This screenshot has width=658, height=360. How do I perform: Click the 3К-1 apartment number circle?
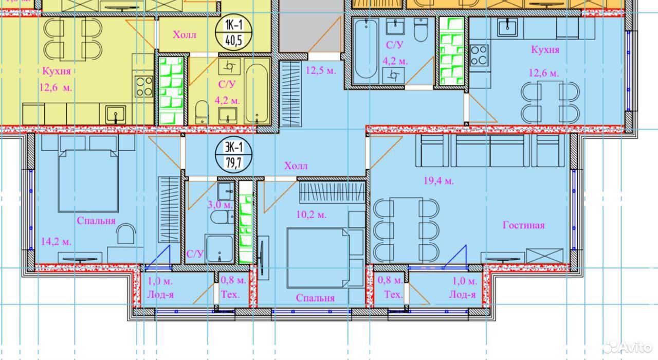pos(233,155)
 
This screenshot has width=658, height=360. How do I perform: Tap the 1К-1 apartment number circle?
pos(233,32)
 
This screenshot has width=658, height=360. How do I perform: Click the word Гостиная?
pos(523,225)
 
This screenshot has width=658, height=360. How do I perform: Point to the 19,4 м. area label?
pos(438,181)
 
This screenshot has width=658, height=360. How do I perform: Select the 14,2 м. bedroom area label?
pos(56,242)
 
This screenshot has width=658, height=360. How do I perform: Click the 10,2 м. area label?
pos(312,215)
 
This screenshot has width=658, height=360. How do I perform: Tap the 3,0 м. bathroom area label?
pos(221,205)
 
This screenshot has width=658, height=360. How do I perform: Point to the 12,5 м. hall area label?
pos(321,70)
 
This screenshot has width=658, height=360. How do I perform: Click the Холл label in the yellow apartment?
pos(185,34)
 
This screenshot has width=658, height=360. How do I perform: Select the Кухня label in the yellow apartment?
pos(57,71)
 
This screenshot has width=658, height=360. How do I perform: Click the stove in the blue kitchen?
pos(479,55)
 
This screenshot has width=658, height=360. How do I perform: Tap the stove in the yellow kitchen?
pos(144,86)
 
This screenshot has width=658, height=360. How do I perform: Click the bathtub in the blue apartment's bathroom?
pos(365,50)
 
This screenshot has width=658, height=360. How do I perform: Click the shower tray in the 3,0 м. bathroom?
pos(219,248)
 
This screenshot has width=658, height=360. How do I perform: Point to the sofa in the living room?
pos(490,151)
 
